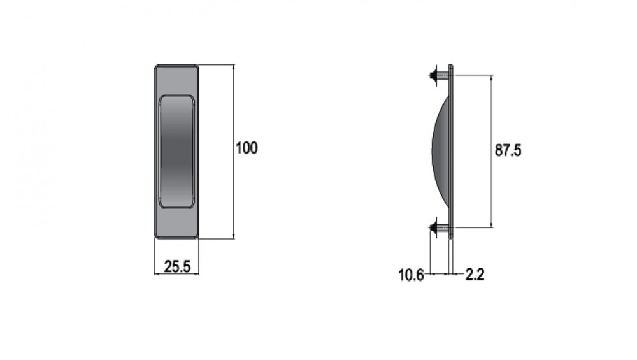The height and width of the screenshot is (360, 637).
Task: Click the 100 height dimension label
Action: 247,147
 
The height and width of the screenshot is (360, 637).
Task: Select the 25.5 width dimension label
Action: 177,266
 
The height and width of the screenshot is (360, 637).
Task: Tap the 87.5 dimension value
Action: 508,150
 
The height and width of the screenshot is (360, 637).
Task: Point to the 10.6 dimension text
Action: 411,275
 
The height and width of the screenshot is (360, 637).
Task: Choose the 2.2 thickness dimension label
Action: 475,275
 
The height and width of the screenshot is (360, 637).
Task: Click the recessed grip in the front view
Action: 176,152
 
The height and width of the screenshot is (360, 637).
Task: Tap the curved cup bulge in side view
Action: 441,151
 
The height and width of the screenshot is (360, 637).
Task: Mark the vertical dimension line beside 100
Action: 234,152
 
